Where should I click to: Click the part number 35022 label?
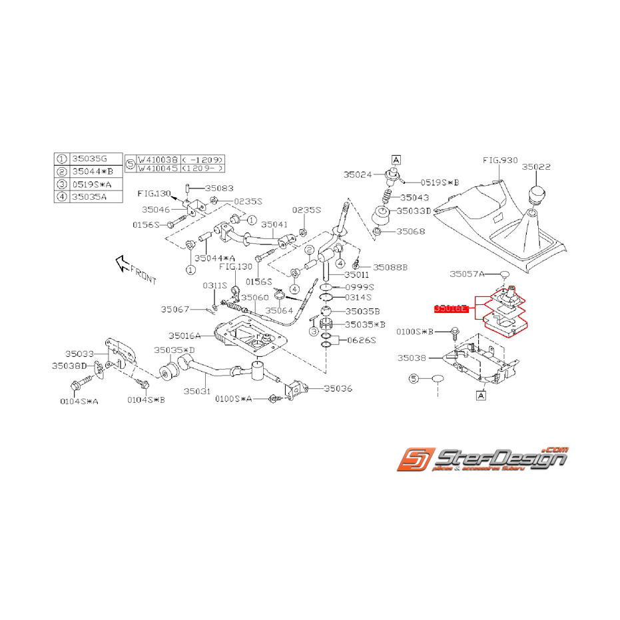tap(536, 167)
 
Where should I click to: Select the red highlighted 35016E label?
tap(451, 309)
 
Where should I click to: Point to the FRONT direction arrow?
tap(124, 264)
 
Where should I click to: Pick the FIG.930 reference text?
tap(500, 160)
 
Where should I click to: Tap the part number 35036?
tap(338, 388)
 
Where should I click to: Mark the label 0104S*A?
tap(79, 401)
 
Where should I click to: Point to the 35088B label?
tap(390, 267)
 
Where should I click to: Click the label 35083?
tap(219, 188)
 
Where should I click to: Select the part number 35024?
tap(358, 175)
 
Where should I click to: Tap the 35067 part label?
tap(175, 309)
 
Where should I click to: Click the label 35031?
tap(197, 392)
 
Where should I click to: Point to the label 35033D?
tap(414, 210)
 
